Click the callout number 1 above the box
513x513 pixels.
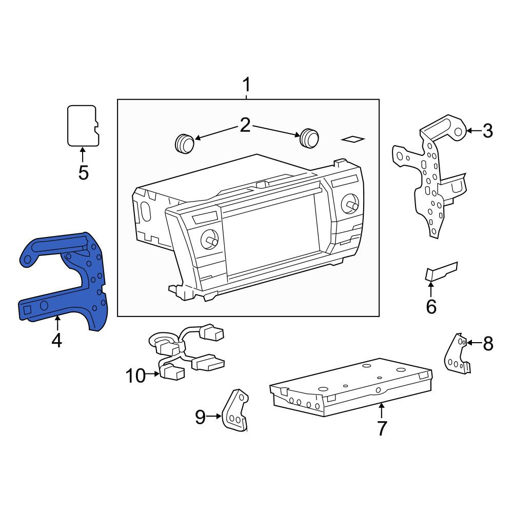(246, 85)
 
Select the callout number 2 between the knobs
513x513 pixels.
(245, 125)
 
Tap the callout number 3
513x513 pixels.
(487, 130)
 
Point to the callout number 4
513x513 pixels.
(56, 341)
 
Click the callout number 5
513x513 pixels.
(83, 172)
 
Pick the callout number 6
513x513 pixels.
(431, 306)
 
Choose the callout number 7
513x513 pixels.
(382, 428)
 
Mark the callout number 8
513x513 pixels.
(488, 344)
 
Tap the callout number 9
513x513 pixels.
(200, 417)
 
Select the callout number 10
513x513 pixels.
(135, 376)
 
